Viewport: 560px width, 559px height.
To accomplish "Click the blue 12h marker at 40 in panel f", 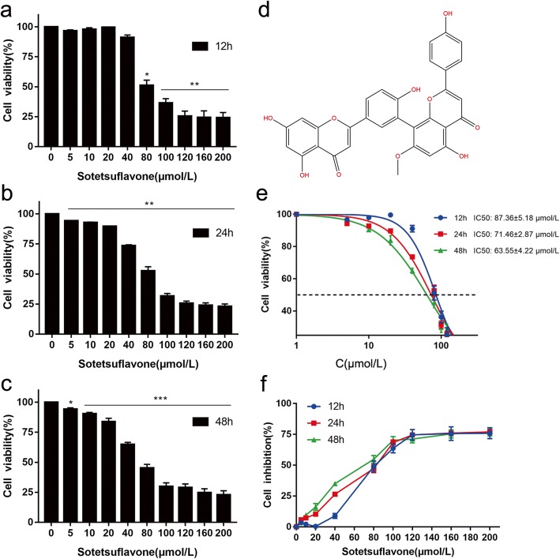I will (x=335, y=516).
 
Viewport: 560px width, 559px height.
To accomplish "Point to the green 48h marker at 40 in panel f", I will (x=335, y=484).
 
